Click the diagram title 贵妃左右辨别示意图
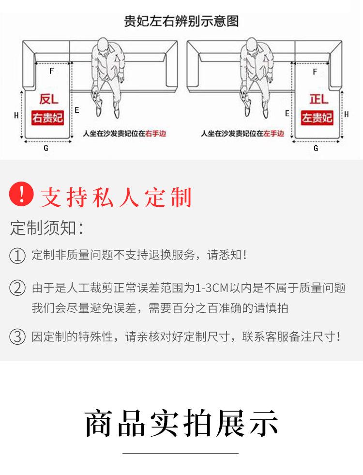[181, 21]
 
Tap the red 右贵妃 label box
[47, 118]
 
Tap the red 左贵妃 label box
[317, 118]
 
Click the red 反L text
[49, 99]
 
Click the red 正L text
[319, 99]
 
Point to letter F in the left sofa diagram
[51, 71]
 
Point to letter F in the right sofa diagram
[315, 72]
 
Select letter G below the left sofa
[46, 148]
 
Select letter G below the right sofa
[316, 148]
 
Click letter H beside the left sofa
[16, 115]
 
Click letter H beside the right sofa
[347, 114]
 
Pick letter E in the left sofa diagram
[77, 110]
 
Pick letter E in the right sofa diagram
[287, 114]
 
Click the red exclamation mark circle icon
[21, 194]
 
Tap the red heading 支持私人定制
[116, 198]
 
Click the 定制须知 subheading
[47, 228]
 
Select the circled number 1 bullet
[17, 256]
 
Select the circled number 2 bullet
[17, 288]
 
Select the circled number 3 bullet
[17, 337]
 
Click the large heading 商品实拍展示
[181, 423]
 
